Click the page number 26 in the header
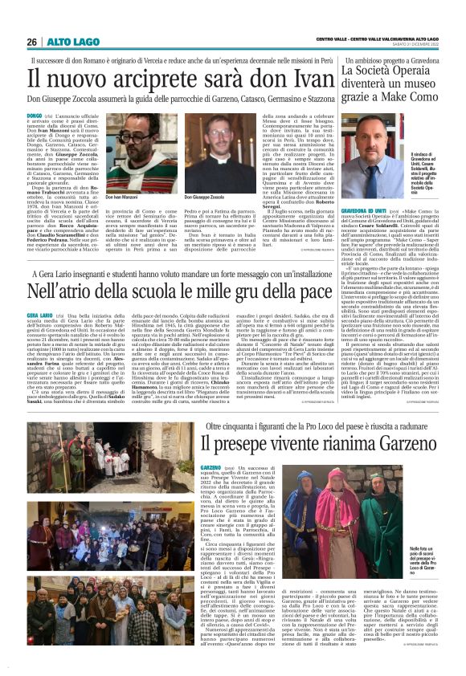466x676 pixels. [x=31, y=42]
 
